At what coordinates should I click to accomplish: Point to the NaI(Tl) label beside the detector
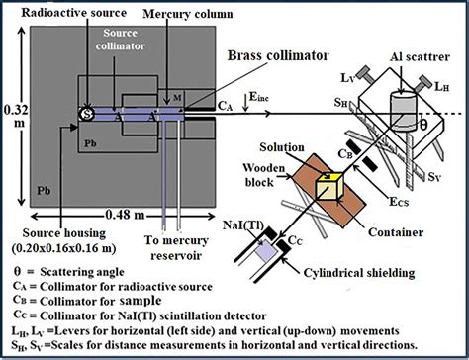click(x=238, y=223)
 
